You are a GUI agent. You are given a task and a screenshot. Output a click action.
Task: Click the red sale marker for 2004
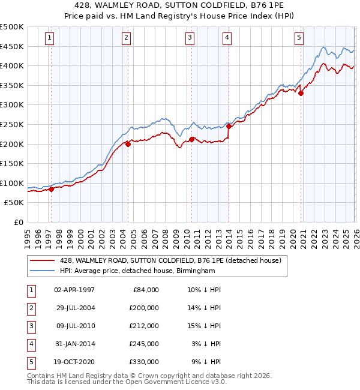(x=128, y=144)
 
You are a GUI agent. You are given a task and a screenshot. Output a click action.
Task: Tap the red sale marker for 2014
(x=229, y=126)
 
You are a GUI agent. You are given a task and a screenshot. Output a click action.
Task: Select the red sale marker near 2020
(x=301, y=93)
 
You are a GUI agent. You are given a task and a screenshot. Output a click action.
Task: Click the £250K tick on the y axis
(x=12, y=124)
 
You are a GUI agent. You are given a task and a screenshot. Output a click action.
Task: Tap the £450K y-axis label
(x=12, y=46)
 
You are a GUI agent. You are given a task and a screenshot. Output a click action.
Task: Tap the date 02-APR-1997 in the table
(x=74, y=290)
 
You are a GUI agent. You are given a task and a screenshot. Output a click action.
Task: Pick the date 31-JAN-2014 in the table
(x=74, y=344)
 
